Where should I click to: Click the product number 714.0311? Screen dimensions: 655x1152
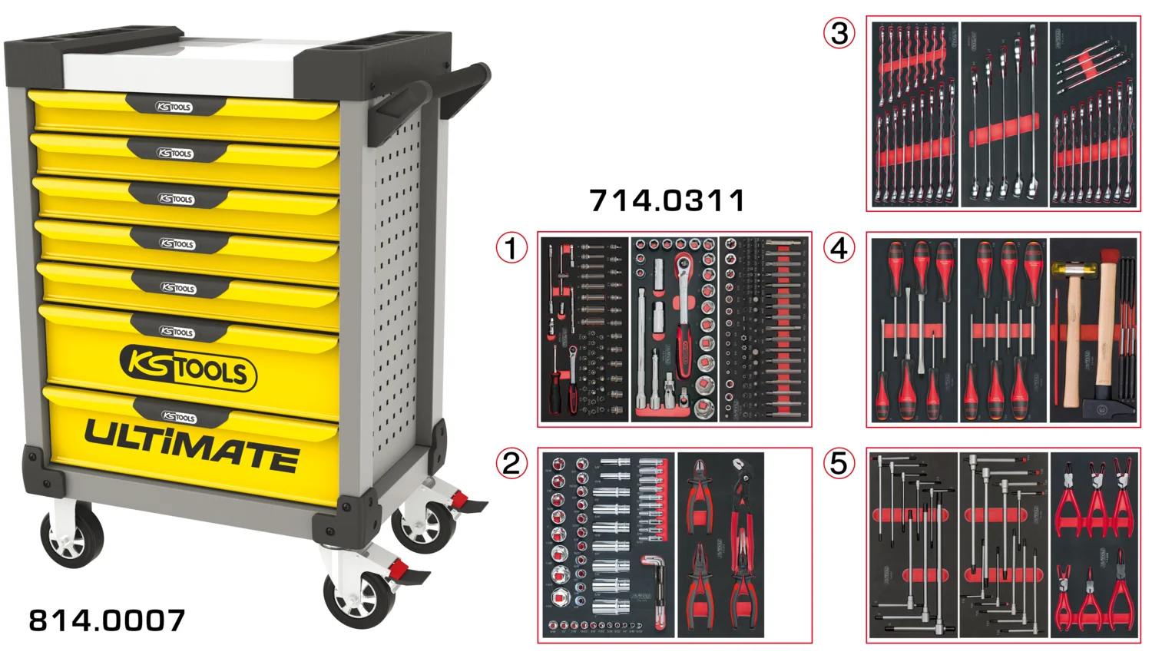click(x=667, y=201)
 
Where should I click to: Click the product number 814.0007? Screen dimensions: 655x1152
click(x=107, y=620)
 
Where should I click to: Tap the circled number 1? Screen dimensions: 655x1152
click(x=511, y=248)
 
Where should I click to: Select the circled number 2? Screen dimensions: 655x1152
click(x=511, y=464)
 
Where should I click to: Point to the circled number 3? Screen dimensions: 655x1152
click(x=839, y=33)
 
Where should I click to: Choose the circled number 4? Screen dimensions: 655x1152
click(x=839, y=248)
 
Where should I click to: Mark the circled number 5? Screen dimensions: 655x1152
click(x=839, y=464)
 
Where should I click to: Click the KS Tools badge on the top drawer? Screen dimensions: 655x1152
click(x=174, y=107)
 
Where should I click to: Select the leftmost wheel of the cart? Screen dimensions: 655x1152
click(x=71, y=538)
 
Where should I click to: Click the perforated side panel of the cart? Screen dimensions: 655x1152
click(x=399, y=292)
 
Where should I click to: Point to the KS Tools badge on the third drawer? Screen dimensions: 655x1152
click(x=176, y=199)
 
